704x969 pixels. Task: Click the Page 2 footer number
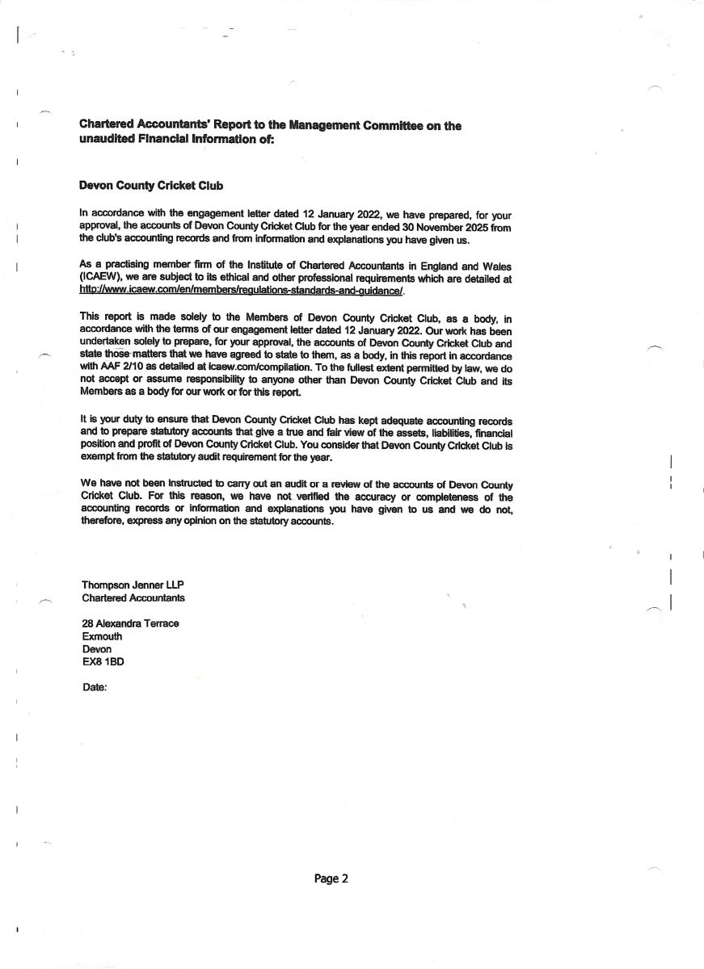tap(331, 879)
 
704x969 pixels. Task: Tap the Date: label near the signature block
tap(95, 687)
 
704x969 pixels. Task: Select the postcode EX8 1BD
tap(103, 661)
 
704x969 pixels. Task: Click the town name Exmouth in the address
tap(103, 636)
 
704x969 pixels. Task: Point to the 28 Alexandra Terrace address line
tap(130, 623)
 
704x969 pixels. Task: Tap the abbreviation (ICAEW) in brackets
tap(106, 278)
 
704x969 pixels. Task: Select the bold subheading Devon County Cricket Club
tap(151, 186)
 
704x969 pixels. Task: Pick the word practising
tap(124, 264)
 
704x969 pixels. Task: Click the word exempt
tap(99, 458)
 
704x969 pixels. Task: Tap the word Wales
tap(496, 265)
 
